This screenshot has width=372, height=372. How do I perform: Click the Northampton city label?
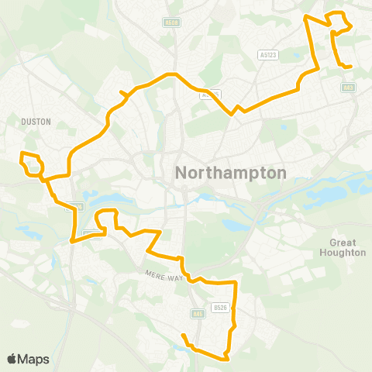coord(232,173)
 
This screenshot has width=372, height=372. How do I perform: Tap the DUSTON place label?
coord(36,121)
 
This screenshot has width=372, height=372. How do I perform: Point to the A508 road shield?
coord(171,23)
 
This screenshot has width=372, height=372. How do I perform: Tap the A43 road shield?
coord(346,87)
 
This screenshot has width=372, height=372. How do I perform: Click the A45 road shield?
coord(198,314)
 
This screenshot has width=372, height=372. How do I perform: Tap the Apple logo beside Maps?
coord(12,359)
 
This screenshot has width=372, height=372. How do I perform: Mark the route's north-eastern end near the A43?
coord(351,67)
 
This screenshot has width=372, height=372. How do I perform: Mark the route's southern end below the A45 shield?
coord(183,335)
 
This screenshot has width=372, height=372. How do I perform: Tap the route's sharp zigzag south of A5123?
coord(235,109)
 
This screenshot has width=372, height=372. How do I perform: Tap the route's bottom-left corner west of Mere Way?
coord(72,241)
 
